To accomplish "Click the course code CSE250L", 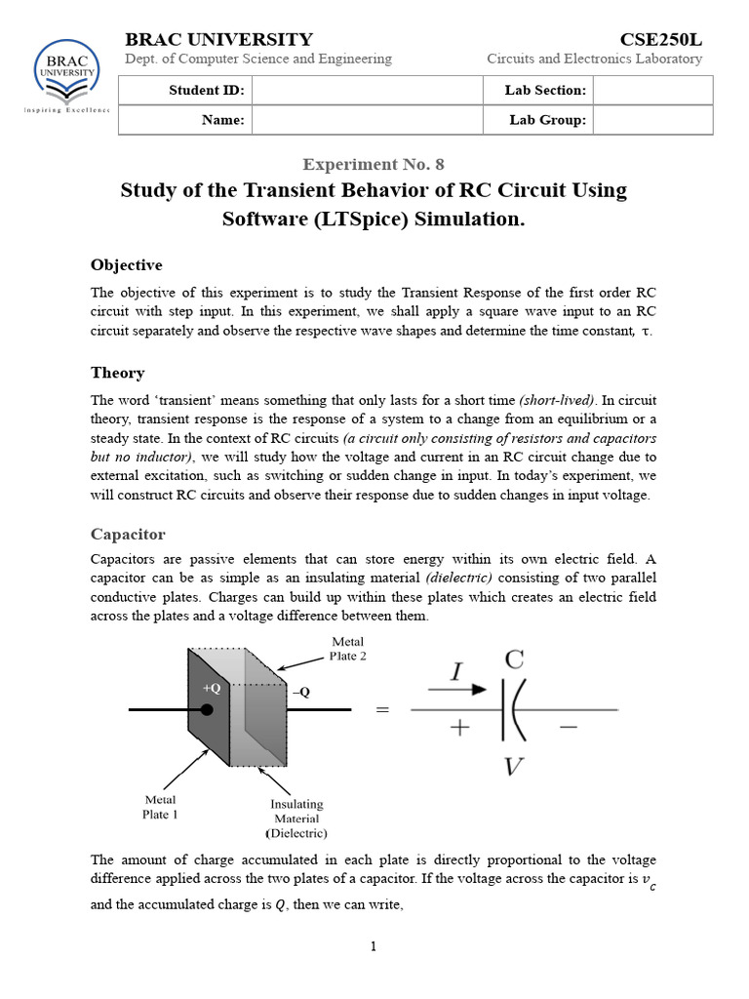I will [x=660, y=39].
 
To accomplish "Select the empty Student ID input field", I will [x=368, y=91].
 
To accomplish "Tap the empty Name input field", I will [x=368, y=120].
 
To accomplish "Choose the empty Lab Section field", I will [x=652, y=91].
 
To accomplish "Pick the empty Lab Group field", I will [x=652, y=120].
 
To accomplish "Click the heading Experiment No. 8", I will [x=374, y=164].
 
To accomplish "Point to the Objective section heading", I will [x=127, y=265].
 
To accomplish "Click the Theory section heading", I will [x=118, y=373].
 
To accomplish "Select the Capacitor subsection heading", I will [x=128, y=535].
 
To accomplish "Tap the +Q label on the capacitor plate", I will [x=212, y=687].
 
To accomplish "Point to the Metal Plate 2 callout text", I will [x=349, y=649].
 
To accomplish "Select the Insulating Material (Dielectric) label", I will [x=297, y=819].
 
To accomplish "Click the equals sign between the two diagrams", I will [x=381, y=710].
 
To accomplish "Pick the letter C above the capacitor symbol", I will [x=514, y=659].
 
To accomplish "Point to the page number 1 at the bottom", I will [x=374, y=946].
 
